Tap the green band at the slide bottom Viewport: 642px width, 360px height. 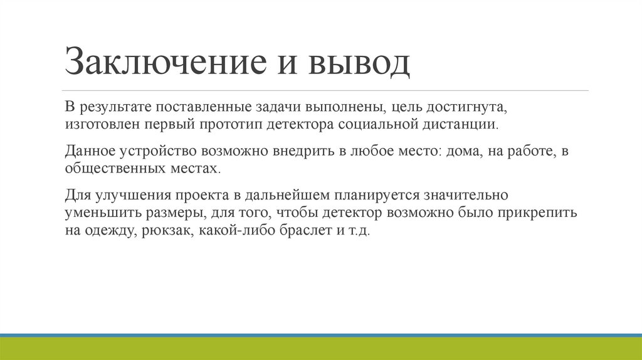click(x=321, y=349)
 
